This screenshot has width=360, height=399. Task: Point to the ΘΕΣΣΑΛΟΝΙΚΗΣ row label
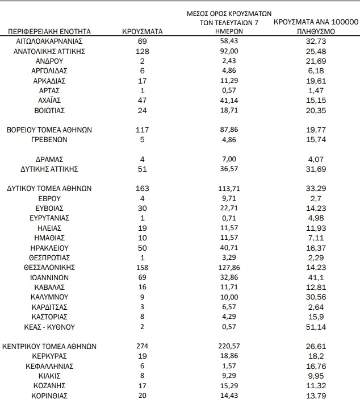pyautogui.click(x=49, y=267)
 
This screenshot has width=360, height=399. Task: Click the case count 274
pyautogui.click(x=143, y=346)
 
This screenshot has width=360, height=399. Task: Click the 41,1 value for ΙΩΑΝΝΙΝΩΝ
pyautogui.click(x=315, y=277)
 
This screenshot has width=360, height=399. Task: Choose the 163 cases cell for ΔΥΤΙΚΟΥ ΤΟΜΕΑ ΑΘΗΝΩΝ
pyautogui.click(x=143, y=188)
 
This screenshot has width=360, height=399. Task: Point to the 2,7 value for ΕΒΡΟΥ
pyautogui.click(x=315, y=198)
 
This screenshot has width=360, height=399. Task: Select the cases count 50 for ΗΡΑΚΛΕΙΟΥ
pyautogui.click(x=143, y=247)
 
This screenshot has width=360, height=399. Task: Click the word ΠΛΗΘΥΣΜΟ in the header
pyautogui.click(x=315, y=32)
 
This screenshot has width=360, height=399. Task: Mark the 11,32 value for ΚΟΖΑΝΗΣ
pyautogui.click(x=315, y=385)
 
